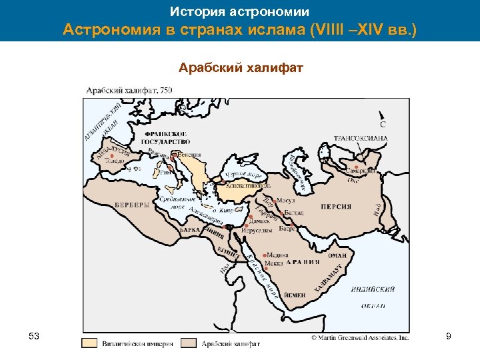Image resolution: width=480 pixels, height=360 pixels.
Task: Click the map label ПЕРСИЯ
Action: point(336,207)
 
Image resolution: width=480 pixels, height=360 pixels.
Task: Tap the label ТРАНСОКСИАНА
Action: point(361,139)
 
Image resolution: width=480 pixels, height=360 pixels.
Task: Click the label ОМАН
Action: point(337,255)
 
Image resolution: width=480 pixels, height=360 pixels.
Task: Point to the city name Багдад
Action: point(293,213)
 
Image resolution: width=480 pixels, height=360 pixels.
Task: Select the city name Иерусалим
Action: point(257,230)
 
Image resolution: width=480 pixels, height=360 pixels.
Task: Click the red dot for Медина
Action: point(265,255)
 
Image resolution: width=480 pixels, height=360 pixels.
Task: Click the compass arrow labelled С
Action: point(382,115)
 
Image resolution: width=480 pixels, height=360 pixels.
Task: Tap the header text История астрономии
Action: point(239,11)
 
